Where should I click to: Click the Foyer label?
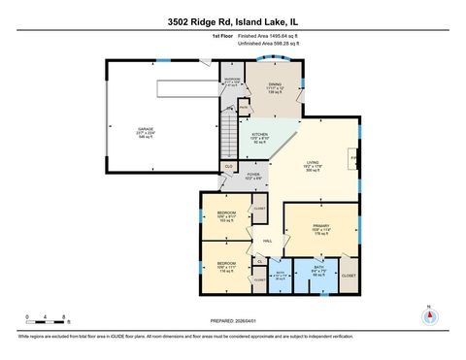pos(252,177)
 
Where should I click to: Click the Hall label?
pos(266,241)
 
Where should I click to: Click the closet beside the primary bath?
pos(349,276)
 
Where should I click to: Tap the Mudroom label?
pos(232,81)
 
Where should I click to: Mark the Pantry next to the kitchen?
pos(244,109)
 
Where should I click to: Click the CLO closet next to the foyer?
pos(229,167)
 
